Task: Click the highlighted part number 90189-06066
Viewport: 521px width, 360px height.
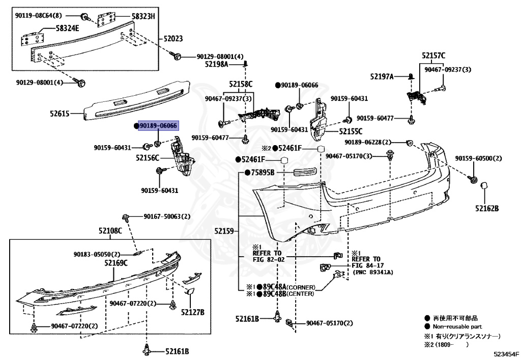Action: click(158, 126)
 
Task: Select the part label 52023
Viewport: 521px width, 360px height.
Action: click(173, 39)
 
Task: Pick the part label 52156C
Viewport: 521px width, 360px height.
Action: click(148, 158)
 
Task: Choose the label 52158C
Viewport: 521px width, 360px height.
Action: click(241, 84)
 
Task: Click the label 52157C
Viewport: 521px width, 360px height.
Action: click(433, 56)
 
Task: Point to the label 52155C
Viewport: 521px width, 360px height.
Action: click(351, 131)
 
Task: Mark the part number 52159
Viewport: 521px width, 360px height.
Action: click(224, 231)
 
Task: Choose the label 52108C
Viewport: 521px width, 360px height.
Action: click(110, 231)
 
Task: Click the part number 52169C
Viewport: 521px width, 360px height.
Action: click(116, 263)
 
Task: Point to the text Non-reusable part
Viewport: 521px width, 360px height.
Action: click(457, 326)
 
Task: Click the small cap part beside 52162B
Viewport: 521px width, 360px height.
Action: click(484, 187)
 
